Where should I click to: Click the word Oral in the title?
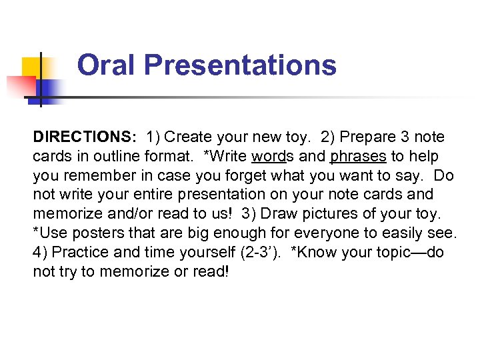[106, 65]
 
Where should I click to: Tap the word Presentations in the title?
[239, 65]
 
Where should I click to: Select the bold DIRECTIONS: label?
[85, 137]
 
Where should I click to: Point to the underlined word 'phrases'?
[358, 157]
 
